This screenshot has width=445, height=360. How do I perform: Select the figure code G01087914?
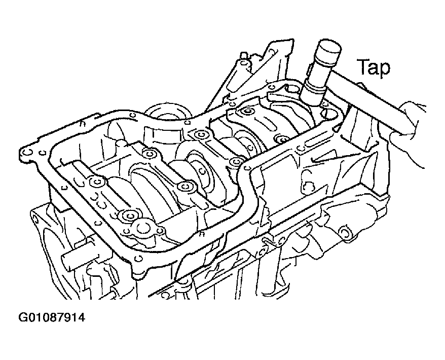click(x=52, y=317)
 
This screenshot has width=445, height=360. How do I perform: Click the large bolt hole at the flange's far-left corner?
click(x=27, y=153)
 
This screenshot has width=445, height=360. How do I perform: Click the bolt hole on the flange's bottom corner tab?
click(x=138, y=259)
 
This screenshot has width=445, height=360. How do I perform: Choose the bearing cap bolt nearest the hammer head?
click(x=281, y=139)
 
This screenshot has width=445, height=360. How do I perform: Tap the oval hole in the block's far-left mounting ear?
click(x=35, y=219)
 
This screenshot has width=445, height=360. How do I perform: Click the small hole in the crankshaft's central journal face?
click(x=202, y=171)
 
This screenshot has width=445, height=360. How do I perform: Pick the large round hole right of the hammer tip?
click(x=326, y=115)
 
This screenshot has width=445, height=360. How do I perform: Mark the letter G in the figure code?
click(x=23, y=317)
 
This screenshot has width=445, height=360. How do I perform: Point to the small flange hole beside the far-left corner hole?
click(x=43, y=153)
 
